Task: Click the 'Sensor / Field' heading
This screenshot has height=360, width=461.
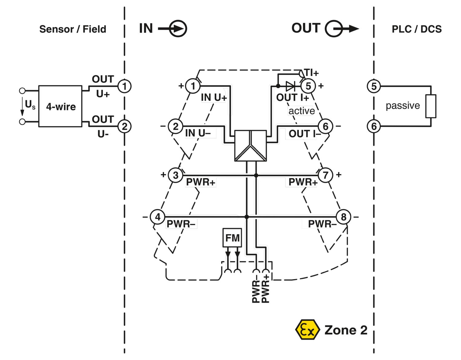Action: pos(73,29)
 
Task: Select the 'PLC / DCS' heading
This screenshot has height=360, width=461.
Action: pos(416,29)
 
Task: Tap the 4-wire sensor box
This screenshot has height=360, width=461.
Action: pos(60,106)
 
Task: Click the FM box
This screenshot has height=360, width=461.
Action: pos(232,237)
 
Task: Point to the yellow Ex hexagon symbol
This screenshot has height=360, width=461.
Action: pos(306,330)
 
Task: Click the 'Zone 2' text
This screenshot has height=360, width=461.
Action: pos(346,330)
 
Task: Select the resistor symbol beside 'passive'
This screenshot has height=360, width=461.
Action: pos(431,106)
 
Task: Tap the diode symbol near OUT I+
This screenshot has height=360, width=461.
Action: pos(290,86)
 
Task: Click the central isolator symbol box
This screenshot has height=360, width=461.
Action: pos(250,146)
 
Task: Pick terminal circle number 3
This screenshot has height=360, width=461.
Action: pos(175,175)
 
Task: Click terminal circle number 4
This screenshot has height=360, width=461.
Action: pos(158,217)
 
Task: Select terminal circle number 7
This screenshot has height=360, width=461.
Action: pos(325,175)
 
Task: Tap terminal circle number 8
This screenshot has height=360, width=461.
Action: pos(343,217)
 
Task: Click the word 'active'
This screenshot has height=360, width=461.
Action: pos(301,111)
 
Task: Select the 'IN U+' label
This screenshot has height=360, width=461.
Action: pos(214,98)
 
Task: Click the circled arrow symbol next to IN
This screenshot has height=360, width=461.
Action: pos(178,29)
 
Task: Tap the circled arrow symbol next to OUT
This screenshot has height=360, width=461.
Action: pos(334,29)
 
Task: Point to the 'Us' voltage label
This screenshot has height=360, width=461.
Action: pos(30,105)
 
